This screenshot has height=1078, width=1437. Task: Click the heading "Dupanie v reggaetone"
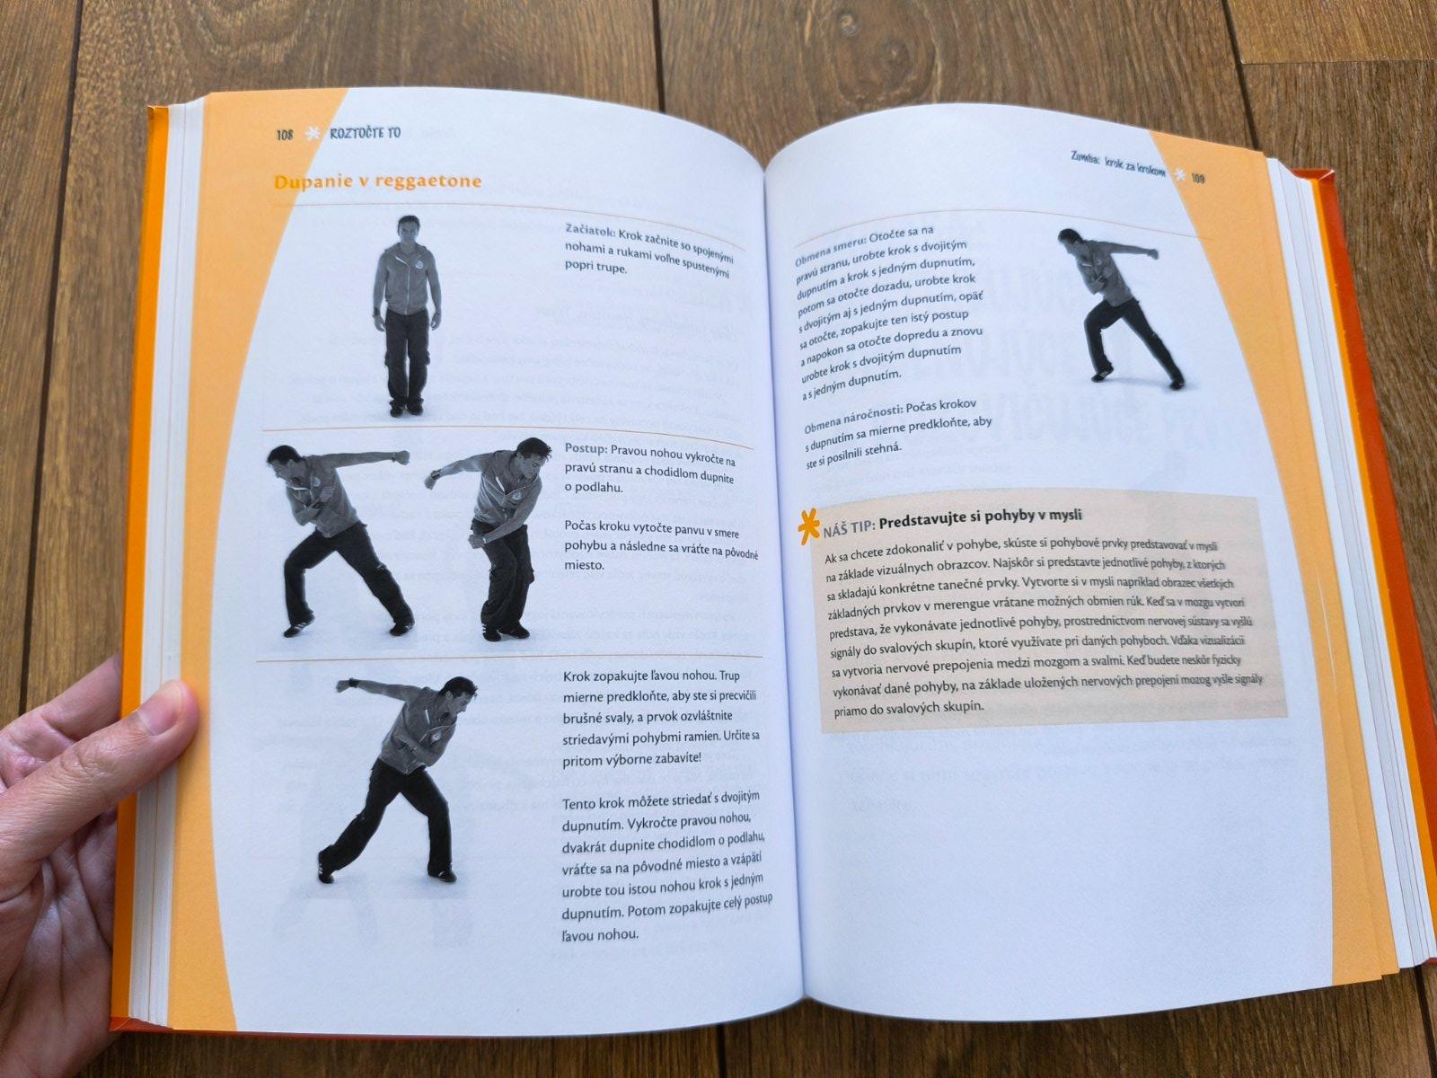[x=378, y=181]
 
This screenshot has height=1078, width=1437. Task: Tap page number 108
[x=284, y=135]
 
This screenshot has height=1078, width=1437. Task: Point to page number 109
[x=1198, y=178]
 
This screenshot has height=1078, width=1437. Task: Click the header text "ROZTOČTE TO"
[x=365, y=133]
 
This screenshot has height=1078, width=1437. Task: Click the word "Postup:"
[x=586, y=450]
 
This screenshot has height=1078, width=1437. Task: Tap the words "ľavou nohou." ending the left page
[x=600, y=934]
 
